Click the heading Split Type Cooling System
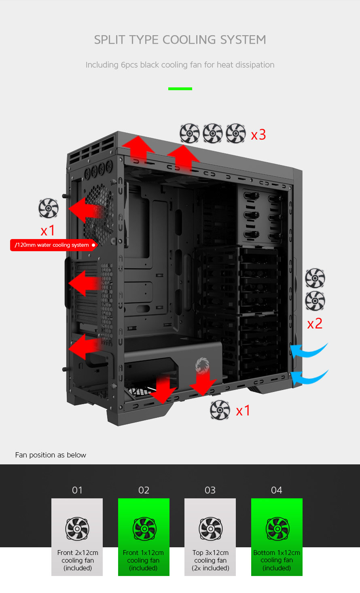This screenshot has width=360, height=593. click(180, 40)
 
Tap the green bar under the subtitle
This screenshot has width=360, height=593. click(180, 89)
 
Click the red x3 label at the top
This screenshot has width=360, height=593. click(258, 135)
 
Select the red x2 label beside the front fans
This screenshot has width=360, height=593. click(315, 324)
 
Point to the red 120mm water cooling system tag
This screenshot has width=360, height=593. click(53, 245)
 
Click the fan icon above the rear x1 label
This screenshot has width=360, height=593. click(49, 208)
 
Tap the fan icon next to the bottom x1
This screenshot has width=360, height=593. click(220, 410)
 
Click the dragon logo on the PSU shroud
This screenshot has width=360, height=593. click(202, 366)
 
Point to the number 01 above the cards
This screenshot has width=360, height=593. click(77, 490)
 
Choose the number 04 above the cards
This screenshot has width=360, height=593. click(277, 490)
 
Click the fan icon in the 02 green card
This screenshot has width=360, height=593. click(144, 529)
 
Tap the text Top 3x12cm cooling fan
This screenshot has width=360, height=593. click(210, 557)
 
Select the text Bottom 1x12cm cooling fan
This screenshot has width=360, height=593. click(277, 557)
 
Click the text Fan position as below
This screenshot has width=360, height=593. click(51, 455)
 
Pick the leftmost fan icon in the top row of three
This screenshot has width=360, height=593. click(190, 133)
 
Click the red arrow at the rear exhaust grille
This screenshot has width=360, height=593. click(86, 210)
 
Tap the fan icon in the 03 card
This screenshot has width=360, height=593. click(210, 529)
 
